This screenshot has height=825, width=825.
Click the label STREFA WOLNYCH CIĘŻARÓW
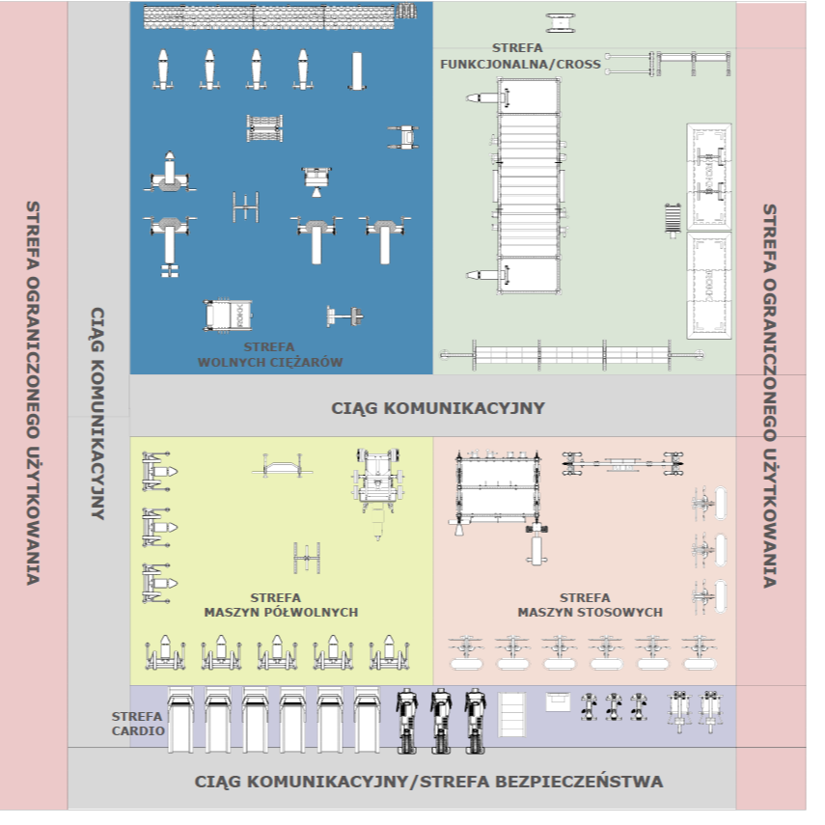(x=283, y=355)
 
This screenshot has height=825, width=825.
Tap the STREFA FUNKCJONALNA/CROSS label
(x=519, y=57)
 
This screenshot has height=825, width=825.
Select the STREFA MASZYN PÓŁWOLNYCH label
(x=281, y=605)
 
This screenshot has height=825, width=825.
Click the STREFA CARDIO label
(x=137, y=724)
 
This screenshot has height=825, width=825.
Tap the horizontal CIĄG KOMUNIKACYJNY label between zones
(x=437, y=407)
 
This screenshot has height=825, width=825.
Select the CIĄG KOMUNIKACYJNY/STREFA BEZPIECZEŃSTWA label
(x=428, y=782)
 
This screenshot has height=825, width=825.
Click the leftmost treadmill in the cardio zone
(x=180, y=719)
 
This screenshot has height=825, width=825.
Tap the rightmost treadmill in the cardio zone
(x=367, y=719)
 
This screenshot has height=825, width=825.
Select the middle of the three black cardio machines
(x=441, y=719)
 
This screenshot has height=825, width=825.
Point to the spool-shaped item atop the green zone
(x=560, y=23)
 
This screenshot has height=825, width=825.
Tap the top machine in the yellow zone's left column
(x=159, y=471)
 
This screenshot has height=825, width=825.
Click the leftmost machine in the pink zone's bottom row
(x=468, y=652)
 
